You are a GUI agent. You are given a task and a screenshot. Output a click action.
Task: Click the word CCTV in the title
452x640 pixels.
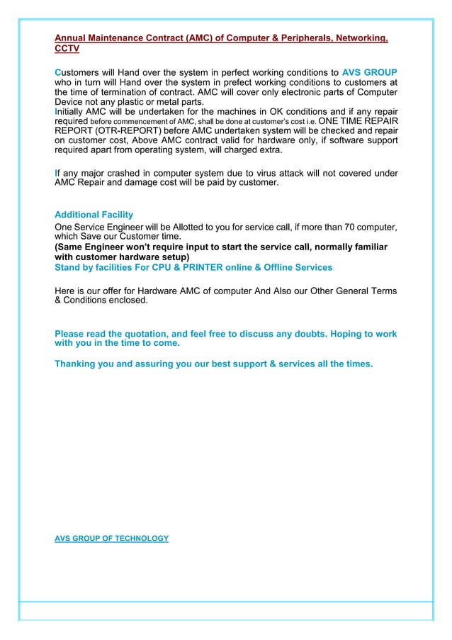pos(67,50)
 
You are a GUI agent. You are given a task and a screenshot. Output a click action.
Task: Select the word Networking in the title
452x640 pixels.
pos(358,38)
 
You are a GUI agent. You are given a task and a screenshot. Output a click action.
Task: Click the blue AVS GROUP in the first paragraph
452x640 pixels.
pos(369,72)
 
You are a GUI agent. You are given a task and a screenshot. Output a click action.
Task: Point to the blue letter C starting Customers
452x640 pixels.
pos(57,72)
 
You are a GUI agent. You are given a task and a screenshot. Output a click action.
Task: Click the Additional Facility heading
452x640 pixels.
pos(94,215)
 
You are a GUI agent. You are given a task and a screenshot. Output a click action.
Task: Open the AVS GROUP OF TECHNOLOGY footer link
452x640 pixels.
pos(111,539)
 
